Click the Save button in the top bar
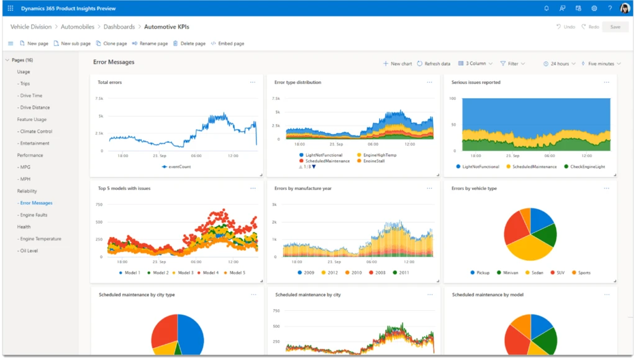[615, 27]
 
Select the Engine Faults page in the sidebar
[34, 215]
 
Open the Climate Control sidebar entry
[36, 132]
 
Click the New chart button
[397, 63]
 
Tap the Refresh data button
[434, 63]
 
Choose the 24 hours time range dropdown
[559, 63]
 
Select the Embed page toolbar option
[227, 43]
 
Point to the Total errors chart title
[110, 83]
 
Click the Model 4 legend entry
[211, 273]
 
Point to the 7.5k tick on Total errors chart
[99, 99]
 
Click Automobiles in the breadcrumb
[78, 27]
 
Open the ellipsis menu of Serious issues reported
[606, 82]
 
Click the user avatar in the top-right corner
[624, 8]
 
